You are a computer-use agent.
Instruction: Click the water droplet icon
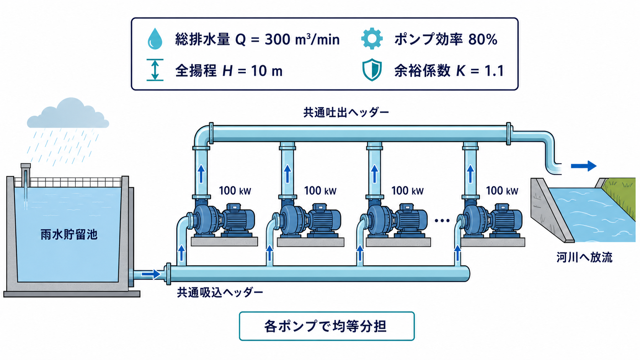(x=155, y=39)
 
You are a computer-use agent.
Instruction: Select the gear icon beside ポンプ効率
(x=372, y=39)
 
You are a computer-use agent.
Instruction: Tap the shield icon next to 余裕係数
(x=372, y=70)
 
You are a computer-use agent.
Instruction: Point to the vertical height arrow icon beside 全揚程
(x=155, y=70)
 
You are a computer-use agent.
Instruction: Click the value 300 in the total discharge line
(x=278, y=39)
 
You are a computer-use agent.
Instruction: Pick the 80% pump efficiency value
(x=483, y=39)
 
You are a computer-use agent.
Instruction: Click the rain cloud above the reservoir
(x=68, y=113)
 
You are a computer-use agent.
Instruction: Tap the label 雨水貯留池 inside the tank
(x=69, y=235)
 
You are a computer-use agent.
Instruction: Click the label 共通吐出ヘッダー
(x=346, y=112)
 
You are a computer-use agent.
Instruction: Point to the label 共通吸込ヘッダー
(x=220, y=292)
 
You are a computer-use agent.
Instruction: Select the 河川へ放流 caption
(x=584, y=257)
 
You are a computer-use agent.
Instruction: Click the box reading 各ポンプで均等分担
(x=327, y=326)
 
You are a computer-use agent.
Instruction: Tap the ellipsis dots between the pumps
(x=442, y=220)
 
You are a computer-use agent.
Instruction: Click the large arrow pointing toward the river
(x=584, y=166)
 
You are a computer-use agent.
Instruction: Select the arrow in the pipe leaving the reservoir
(x=151, y=274)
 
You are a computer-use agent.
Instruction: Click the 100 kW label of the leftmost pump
(x=235, y=191)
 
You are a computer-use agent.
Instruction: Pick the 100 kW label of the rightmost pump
(x=502, y=191)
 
